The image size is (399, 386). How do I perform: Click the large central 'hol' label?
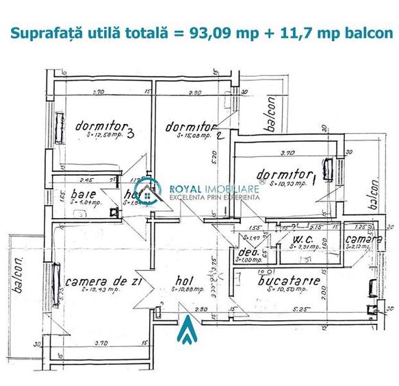click(x=182, y=280)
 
